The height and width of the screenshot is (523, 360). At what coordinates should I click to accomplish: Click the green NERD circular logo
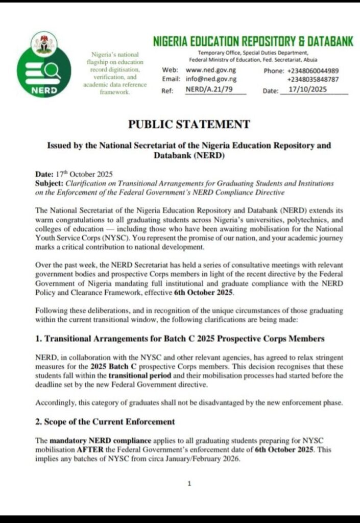(44, 75)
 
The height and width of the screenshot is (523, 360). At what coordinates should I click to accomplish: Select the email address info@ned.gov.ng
(211, 79)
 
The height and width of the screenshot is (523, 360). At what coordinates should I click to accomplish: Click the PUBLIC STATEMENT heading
(189, 124)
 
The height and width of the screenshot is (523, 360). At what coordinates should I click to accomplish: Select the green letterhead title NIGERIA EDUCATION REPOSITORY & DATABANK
(253, 42)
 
